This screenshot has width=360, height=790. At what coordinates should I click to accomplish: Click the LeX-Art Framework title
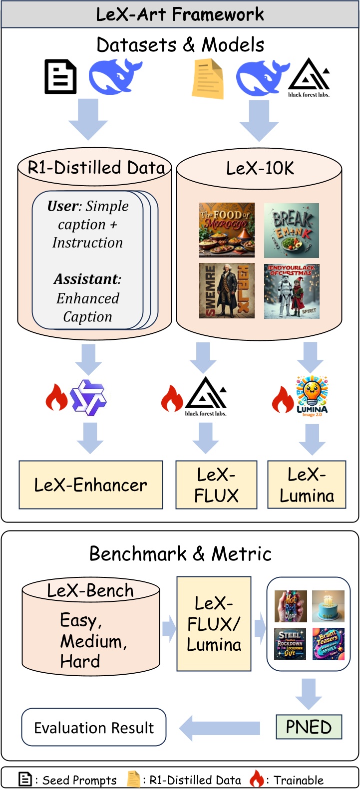(180, 14)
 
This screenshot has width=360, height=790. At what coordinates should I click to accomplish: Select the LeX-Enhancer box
(91, 485)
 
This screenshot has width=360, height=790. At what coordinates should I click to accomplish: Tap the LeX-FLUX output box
(216, 485)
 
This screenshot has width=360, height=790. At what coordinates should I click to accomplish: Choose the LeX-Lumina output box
(307, 485)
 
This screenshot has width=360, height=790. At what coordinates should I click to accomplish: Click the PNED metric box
(309, 727)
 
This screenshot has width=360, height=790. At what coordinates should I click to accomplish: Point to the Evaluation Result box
(94, 728)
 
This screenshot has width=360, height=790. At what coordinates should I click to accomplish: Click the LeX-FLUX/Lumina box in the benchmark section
(214, 624)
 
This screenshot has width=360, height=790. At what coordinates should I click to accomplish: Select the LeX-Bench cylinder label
(90, 590)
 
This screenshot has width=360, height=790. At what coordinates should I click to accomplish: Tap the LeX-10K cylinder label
(260, 168)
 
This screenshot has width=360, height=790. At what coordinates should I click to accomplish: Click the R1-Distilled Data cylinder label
(95, 168)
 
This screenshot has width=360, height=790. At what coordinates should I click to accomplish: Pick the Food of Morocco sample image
(227, 230)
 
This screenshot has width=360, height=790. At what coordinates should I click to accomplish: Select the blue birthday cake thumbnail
(328, 606)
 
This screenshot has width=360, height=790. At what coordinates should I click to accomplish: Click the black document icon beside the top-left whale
(60, 77)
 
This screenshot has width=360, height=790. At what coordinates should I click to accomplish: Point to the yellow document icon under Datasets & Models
(208, 78)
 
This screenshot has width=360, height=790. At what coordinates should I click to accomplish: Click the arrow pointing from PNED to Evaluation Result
(220, 728)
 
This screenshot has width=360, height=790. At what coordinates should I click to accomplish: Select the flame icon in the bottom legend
(257, 779)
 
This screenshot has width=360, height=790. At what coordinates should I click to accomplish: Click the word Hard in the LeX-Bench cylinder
(80, 662)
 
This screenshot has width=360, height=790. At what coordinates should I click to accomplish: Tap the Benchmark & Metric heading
(180, 553)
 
